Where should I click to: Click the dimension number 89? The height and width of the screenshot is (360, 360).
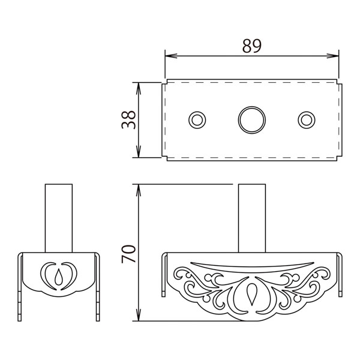click(x=252, y=46)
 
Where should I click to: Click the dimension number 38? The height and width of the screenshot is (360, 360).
click(x=128, y=119)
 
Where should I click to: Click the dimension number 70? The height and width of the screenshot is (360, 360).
click(x=128, y=254)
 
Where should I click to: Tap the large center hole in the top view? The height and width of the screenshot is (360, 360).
click(x=252, y=120)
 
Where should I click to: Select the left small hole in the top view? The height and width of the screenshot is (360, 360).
click(x=197, y=120)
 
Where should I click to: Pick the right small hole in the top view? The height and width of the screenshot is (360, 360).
click(x=307, y=120)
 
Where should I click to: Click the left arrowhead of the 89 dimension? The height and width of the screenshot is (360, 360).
click(x=171, y=56)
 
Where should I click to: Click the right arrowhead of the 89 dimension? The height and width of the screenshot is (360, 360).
click(x=333, y=56)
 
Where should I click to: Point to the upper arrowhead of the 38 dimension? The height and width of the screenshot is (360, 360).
click(x=138, y=88)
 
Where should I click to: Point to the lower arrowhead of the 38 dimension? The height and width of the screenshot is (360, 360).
click(x=138, y=152)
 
